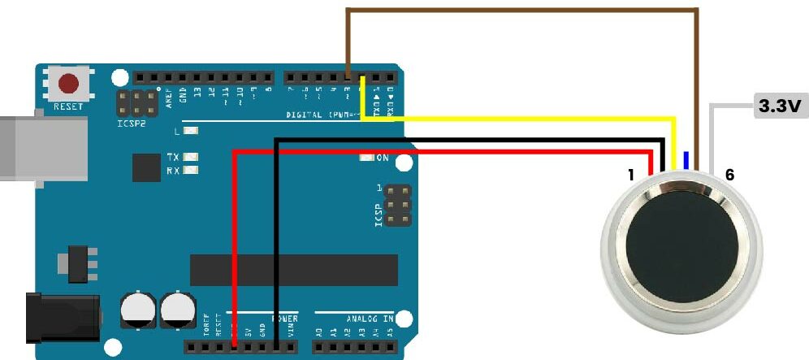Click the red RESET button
click(69, 84)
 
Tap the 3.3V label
click(780, 106)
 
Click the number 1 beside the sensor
click(630, 175)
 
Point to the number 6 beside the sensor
click(729, 175)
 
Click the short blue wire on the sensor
click(686, 160)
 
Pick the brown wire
click(520, 10)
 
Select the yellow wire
click(520, 119)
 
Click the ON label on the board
click(383, 158)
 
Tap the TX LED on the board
click(191, 157)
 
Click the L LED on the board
click(191, 131)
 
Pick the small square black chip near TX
click(147, 167)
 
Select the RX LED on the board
click(191, 171)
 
